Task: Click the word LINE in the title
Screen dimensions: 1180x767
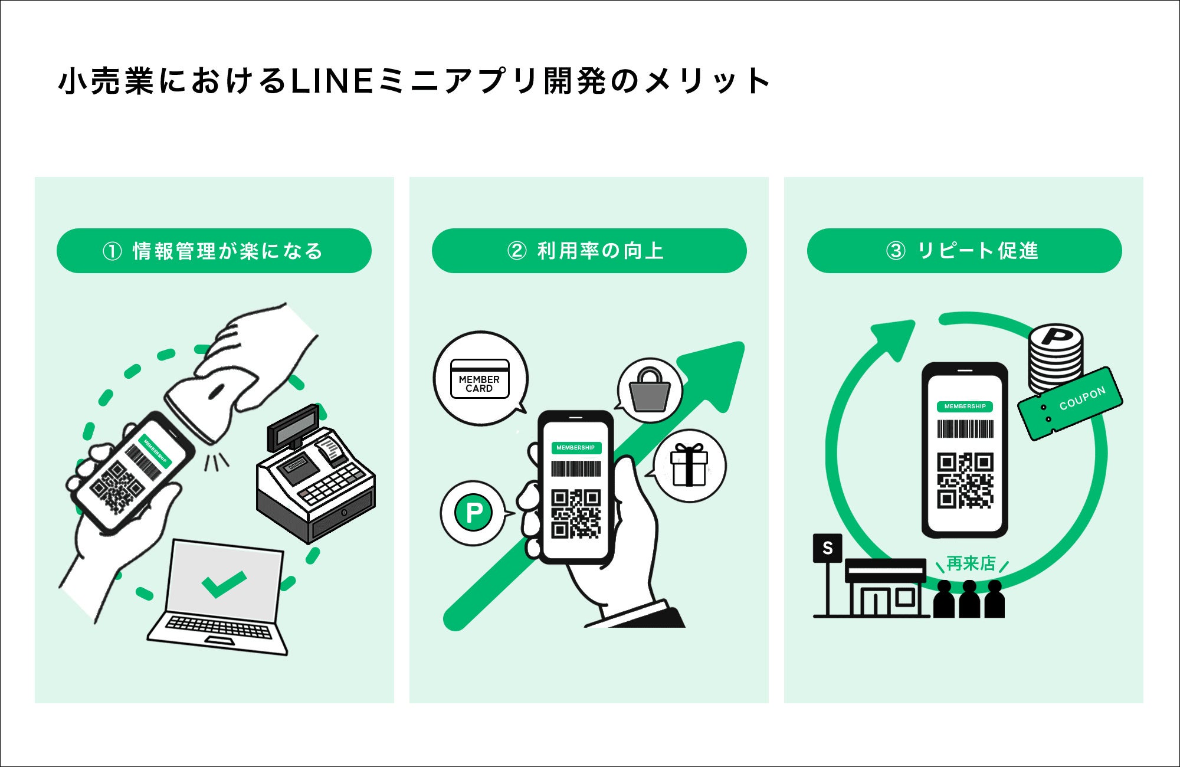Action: tap(332, 81)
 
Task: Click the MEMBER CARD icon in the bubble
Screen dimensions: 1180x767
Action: tap(480, 379)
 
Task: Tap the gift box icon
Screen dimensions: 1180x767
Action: tap(689, 464)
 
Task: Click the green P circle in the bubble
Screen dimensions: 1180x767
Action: tap(474, 512)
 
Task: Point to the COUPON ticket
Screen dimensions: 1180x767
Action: tap(1070, 404)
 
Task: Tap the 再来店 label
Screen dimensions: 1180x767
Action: tap(971, 563)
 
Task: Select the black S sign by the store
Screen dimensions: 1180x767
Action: tap(828, 548)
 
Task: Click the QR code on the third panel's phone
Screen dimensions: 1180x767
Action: tap(965, 480)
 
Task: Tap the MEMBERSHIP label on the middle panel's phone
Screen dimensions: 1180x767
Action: tap(576, 448)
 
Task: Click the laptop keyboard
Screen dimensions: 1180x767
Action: tap(218, 627)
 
